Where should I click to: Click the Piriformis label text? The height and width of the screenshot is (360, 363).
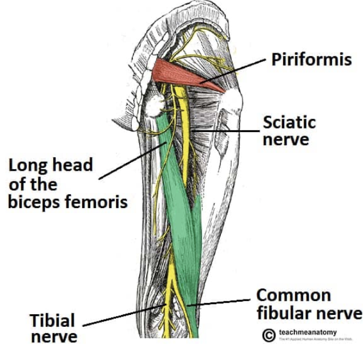point(312,59)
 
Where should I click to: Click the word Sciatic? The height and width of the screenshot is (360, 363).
point(289,122)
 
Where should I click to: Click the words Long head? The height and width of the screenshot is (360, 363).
point(50,166)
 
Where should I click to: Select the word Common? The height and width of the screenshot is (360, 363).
point(293,295)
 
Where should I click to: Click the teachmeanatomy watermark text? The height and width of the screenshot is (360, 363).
point(308,332)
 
